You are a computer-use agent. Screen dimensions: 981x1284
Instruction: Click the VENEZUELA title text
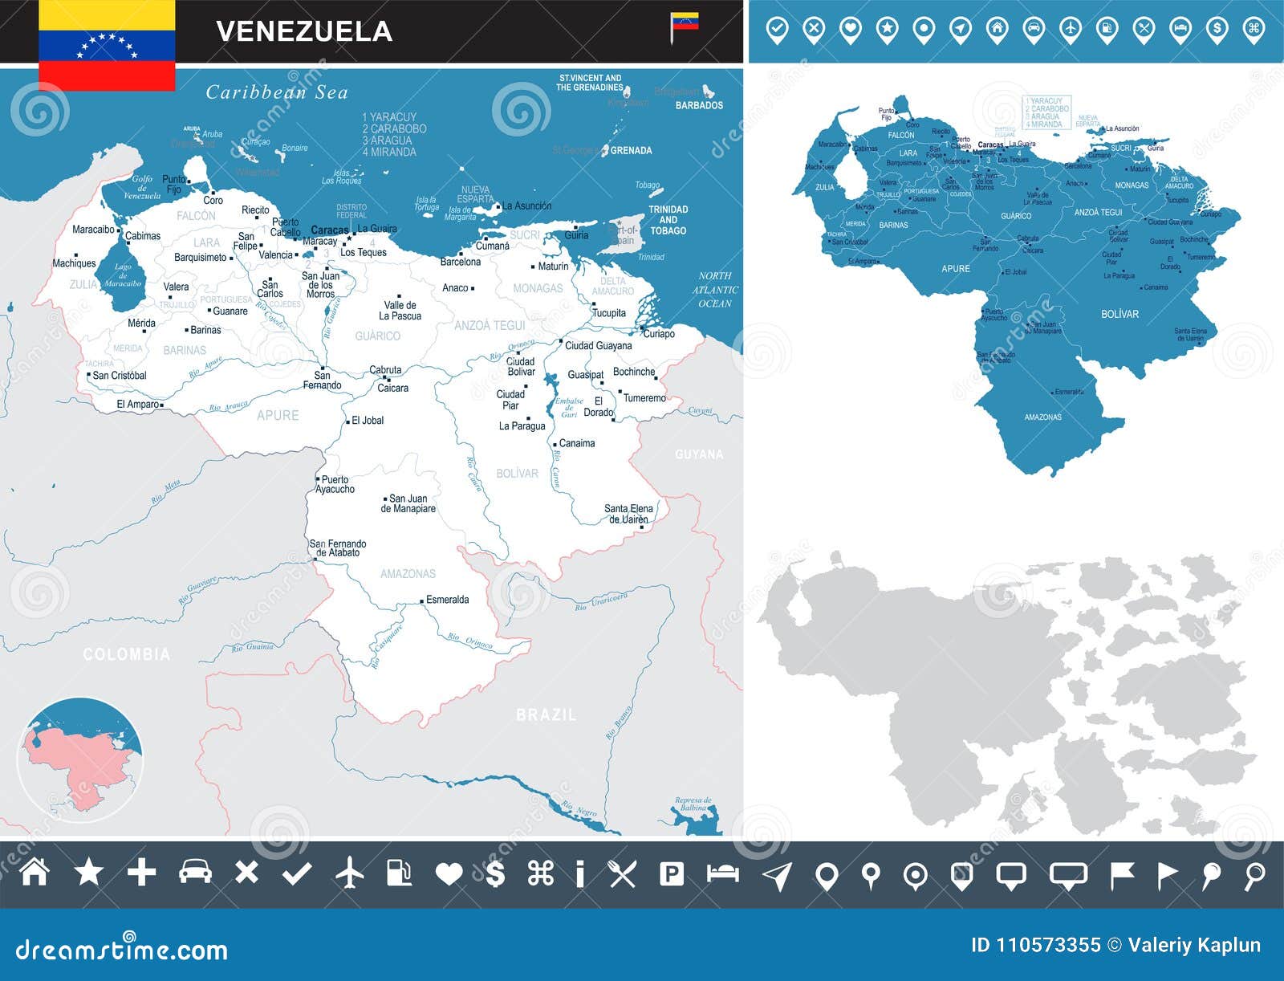304,31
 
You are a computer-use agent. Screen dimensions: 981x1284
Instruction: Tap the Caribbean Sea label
277,92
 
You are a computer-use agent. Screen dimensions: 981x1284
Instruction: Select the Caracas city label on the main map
329,230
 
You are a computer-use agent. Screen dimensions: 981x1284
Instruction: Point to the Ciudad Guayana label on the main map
598,345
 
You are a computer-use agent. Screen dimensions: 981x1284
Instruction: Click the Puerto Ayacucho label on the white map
335,484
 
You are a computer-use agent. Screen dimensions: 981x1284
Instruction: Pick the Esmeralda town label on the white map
447,600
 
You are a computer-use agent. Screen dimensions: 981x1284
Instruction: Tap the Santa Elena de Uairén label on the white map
628,514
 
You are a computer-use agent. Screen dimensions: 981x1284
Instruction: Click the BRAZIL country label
546,714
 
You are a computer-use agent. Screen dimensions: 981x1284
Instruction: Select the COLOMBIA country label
127,654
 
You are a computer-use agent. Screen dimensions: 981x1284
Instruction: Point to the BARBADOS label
699,105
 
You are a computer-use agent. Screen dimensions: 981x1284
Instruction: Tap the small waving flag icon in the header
684,25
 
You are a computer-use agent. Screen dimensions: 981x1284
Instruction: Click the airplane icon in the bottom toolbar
349,873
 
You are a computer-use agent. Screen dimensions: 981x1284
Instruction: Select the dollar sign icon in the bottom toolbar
496,873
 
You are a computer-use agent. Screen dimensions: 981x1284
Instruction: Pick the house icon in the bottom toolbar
35,872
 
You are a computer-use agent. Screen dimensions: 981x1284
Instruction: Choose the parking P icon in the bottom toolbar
671,873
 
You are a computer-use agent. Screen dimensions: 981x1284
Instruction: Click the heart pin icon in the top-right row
850,30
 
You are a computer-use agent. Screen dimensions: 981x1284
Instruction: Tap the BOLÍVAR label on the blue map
1119,314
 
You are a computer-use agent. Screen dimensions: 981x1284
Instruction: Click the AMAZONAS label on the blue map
1042,417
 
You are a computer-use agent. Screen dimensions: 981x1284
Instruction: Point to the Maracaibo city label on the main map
93,230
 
